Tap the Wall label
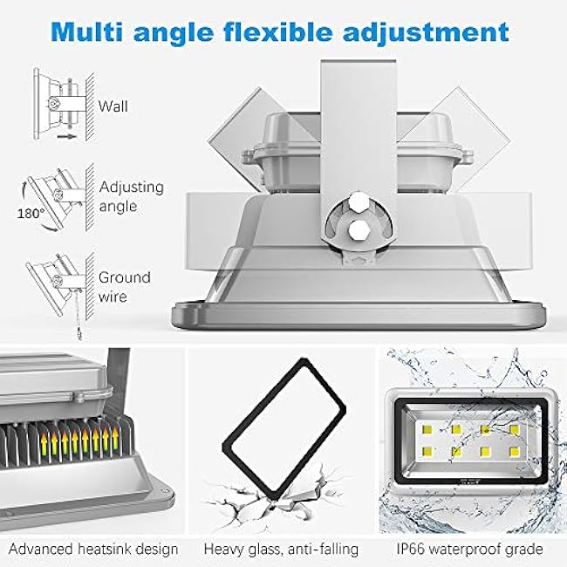113,106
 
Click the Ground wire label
124,286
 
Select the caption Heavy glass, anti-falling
281,550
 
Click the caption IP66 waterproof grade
472,550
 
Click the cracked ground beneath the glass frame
279,515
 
